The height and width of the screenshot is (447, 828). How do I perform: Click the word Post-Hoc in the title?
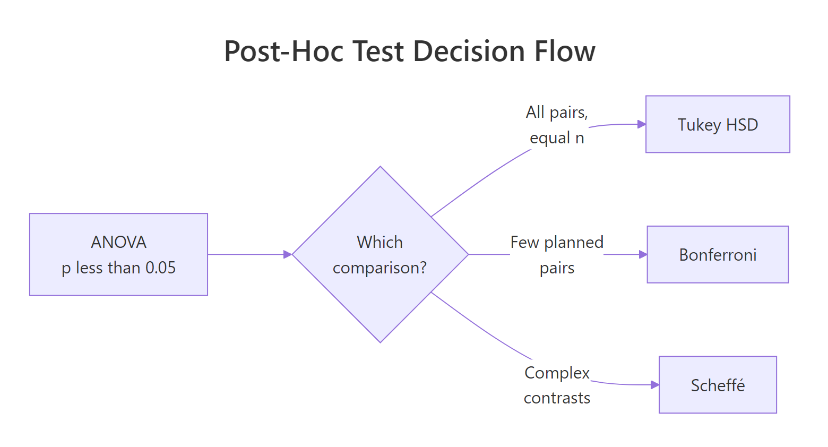coord(284,51)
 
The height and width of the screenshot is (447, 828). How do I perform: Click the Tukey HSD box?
coord(718,124)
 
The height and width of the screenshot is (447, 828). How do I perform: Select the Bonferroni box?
coord(718,254)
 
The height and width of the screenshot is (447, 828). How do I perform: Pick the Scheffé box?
coord(718,385)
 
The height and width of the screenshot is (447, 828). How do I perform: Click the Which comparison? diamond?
coord(380,254)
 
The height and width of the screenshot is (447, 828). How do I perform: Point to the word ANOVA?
coord(118,242)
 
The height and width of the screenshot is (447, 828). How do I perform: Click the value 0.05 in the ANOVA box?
coord(160,268)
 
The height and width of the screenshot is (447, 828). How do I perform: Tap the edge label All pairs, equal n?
coord(557,125)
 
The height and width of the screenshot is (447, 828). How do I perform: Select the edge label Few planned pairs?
coord(557,255)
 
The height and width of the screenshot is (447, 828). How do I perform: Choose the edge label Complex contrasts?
coord(557,385)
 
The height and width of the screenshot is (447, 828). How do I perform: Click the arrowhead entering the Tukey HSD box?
coord(641,124)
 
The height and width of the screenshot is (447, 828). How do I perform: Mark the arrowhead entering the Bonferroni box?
coord(643,254)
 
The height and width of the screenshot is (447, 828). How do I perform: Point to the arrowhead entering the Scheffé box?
coord(654,385)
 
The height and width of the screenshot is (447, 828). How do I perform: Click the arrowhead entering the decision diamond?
coord(288,254)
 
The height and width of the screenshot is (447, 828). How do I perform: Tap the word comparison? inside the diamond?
coord(379,268)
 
